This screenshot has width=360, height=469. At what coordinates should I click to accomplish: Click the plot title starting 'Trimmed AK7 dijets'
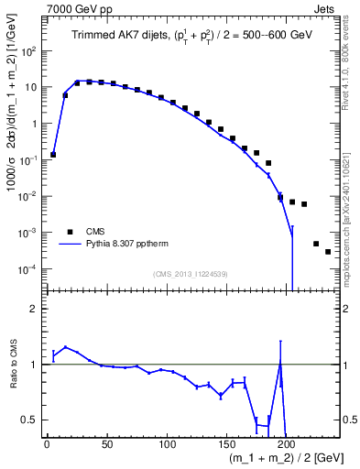coord(191,36)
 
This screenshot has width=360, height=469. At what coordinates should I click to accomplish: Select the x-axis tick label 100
coord(167,445)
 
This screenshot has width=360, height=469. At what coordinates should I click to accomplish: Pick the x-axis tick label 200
coord(288,445)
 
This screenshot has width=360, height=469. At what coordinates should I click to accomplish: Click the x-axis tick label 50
coord(106,445)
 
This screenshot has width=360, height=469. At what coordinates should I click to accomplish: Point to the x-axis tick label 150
coord(227,445)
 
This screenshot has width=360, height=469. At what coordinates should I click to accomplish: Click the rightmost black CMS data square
coord(328,252)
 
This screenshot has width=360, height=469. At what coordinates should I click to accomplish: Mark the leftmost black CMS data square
coord(53,155)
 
